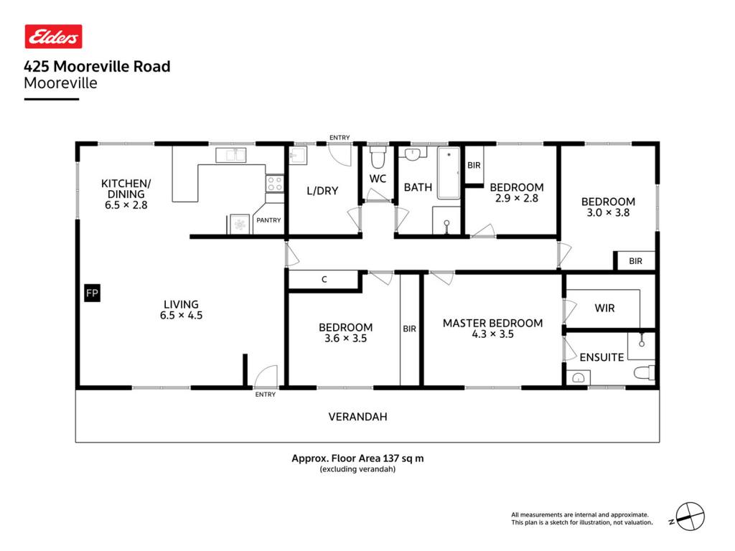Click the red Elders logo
tap(53, 37)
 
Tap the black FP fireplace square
tap(93, 293)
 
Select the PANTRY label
tap(268, 220)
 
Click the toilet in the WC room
tap(378, 157)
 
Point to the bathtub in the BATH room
tap(449, 173)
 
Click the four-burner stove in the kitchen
tap(275, 184)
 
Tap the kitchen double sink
tap(230, 155)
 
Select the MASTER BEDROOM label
tap(492, 324)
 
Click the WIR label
tap(604, 309)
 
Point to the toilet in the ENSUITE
tap(644, 373)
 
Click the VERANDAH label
tap(357, 417)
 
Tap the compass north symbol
tap(690, 517)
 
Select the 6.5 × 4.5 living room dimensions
tap(182, 316)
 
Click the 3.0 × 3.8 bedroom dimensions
tap(608, 212)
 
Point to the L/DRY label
tap(322, 191)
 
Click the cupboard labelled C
tap(324, 280)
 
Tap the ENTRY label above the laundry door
tap(340, 138)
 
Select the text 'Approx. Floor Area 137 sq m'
tap(357, 458)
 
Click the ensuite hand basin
tap(578, 377)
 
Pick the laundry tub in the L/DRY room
tap(298, 155)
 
